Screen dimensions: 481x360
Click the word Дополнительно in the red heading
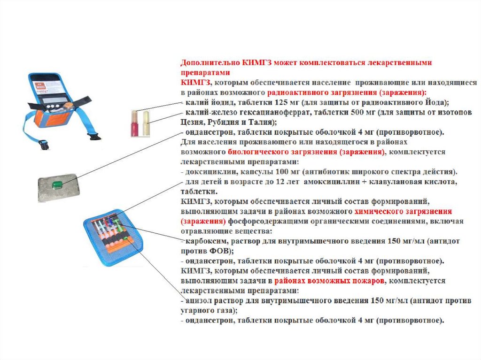[210, 63]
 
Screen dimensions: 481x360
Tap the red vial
[135, 123]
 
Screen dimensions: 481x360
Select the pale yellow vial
[146, 123]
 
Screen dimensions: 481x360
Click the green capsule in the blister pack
[57, 184]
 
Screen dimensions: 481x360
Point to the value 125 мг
[284, 102]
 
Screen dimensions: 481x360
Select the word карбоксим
[207, 241]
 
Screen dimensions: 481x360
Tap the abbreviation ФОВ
[219, 251]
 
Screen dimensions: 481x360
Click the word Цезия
[192, 123]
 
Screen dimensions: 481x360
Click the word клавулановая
[393, 182]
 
